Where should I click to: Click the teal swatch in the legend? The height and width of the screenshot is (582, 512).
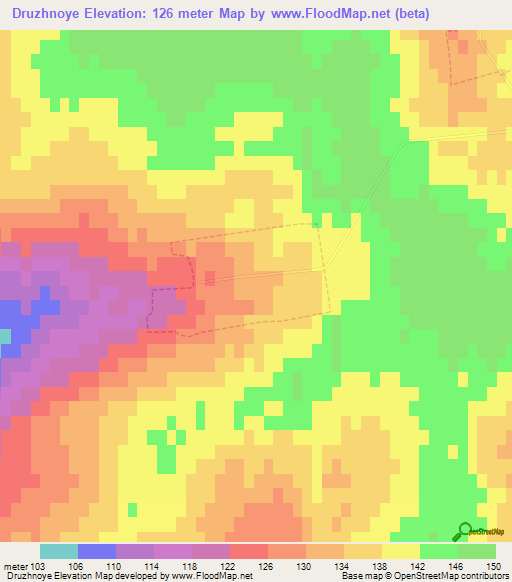click(59, 551)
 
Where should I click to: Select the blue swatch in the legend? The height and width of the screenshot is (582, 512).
click(97, 551)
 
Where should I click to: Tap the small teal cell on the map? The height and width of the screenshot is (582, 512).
click(5, 337)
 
